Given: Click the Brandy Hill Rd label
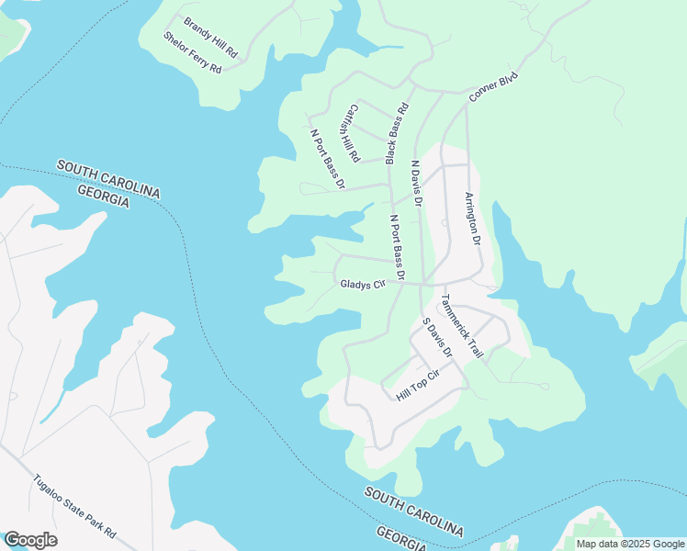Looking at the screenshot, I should [x=210, y=38].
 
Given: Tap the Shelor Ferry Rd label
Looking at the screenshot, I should [x=193, y=53].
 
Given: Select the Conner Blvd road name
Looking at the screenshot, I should [x=493, y=86].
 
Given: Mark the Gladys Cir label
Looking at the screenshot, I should [x=361, y=285].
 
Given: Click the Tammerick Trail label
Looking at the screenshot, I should [x=462, y=325].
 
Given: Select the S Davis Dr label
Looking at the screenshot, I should [x=437, y=337].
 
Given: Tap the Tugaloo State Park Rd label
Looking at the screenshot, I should [x=75, y=506].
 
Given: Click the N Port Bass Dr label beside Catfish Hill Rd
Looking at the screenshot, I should [x=327, y=159].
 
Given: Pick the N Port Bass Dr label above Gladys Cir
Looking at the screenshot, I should [x=398, y=247].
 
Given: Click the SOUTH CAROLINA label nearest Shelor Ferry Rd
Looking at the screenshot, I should [x=108, y=178].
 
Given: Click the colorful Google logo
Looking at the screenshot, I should [x=30, y=539].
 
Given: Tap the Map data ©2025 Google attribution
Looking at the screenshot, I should [x=629, y=544].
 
